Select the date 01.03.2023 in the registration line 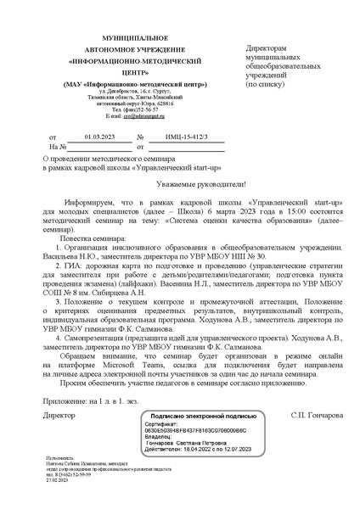click(80, 136)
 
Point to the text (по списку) click(267, 86)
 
